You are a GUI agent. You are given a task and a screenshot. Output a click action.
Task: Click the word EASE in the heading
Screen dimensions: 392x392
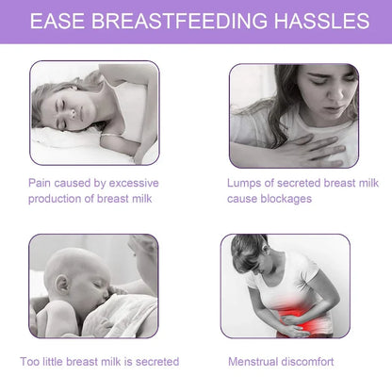tap(59, 20)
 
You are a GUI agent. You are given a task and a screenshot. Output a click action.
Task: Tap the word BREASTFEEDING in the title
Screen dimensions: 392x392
tap(175, 20)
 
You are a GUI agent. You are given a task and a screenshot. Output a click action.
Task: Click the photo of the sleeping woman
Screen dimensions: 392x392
tap(94, 113)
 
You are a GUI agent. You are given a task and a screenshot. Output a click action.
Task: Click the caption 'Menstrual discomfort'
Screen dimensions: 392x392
tap(281, 361)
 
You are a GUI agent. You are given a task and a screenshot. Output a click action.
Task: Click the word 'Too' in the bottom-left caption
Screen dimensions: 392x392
tap(31, 361)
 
